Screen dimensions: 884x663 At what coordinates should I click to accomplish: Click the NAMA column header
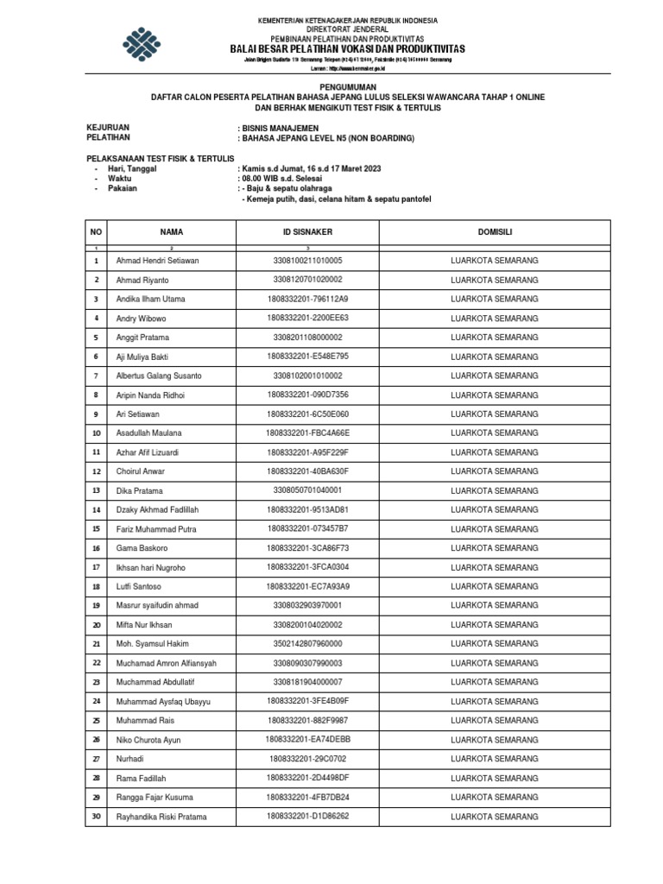[x=171, y=232]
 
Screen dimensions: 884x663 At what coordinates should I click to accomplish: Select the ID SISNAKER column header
[x=307, y=232]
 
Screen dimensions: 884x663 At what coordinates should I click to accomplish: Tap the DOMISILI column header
[x=495, y=232]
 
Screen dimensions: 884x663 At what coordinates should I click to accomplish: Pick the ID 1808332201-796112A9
[x=307, y=299]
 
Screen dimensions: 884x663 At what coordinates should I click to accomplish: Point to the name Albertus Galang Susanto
[x=159, y=376]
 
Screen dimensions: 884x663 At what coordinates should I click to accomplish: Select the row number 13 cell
[x=97, y=490]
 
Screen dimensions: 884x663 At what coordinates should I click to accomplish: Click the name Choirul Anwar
[x=140, y=471]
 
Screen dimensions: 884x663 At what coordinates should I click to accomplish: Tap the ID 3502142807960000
[x=307, y=644]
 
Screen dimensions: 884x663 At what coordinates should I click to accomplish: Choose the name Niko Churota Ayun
[x=152, y=740]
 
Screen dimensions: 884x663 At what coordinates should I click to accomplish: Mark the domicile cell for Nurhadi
[x=495, y=759]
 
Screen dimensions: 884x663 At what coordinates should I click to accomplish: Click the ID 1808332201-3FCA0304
[x=307, y=567]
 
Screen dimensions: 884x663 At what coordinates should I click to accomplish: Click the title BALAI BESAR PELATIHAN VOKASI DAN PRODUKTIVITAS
[x=348, y=49]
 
